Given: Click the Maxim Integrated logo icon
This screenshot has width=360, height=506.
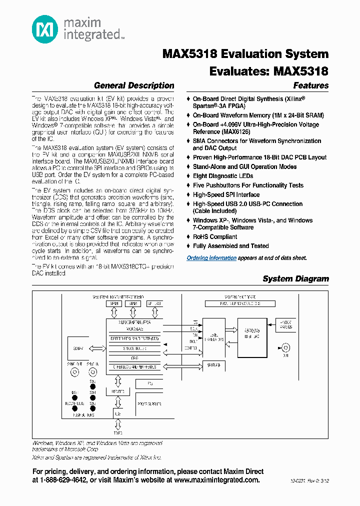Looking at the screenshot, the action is [x=44, y=29].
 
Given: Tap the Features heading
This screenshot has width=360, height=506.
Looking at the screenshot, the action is [x=311, y=85].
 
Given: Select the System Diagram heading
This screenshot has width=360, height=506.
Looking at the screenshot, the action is [x=295, y=279].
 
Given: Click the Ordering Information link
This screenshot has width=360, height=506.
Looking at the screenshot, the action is [x=211, y=258].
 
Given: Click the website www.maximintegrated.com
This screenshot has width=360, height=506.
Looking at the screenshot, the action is [x=216, y=480].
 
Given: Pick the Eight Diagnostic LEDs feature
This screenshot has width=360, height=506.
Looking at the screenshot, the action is [x=223, y=176].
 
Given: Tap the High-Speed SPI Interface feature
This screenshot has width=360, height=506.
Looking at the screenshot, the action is [x=226, y=194].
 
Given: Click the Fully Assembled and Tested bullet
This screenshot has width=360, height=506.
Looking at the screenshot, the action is [x=230, y=246].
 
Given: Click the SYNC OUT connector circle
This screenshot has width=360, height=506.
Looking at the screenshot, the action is [x=75, y=372].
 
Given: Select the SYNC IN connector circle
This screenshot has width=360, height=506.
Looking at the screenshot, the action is [x=92, y=372].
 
